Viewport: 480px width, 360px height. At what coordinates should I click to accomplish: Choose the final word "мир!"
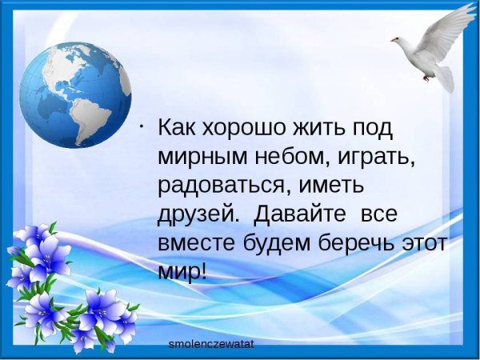click(182, 272)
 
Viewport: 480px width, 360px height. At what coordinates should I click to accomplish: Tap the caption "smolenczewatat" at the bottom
click(211, 344)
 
